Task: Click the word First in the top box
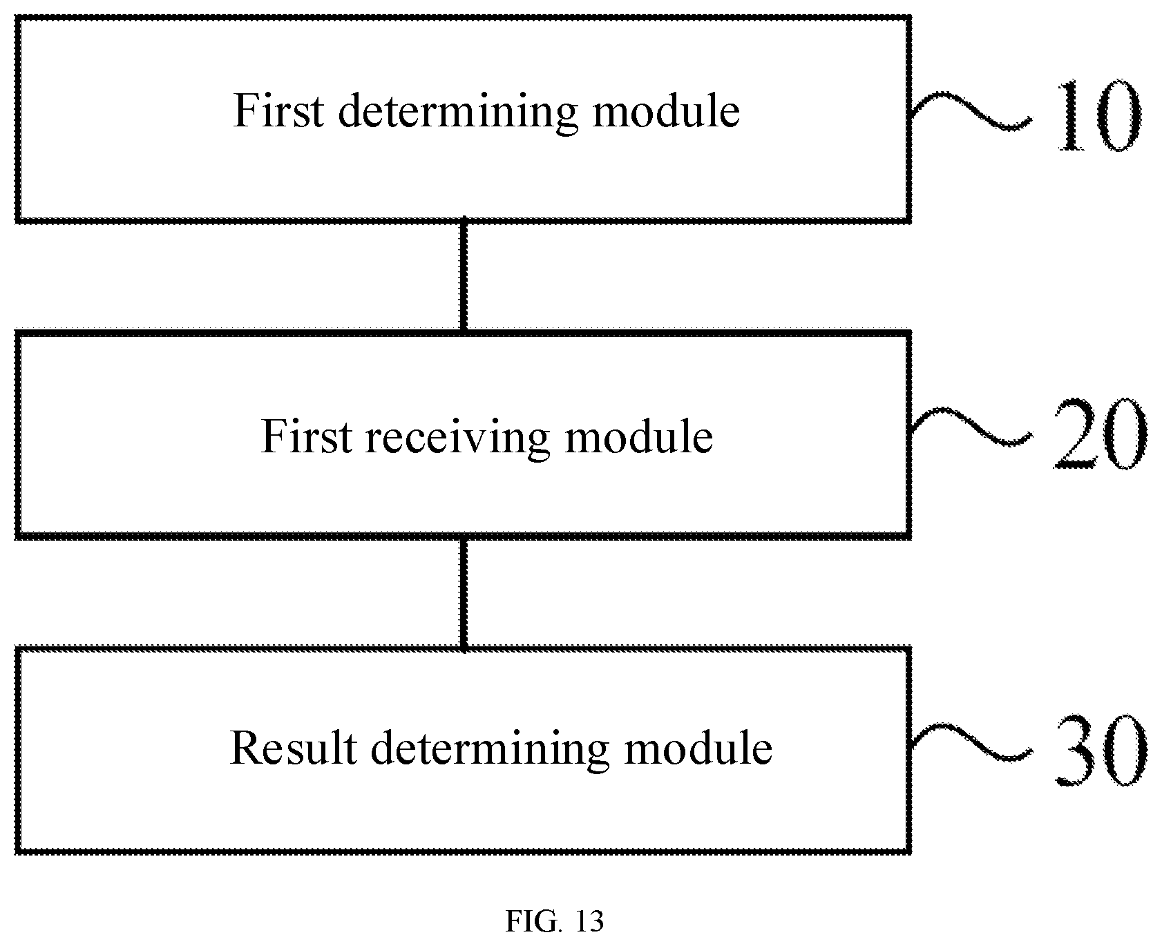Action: [278, 110]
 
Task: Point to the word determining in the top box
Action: [457, 112]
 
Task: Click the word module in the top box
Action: [666, 110]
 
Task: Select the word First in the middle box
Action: [306, 436]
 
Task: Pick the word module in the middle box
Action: [638, 436]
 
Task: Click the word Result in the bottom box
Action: [293, 748]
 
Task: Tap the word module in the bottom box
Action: [698, 748]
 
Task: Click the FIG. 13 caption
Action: [555, 921]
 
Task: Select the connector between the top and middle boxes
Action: [464, 276]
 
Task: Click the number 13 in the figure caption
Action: [588, 921]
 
